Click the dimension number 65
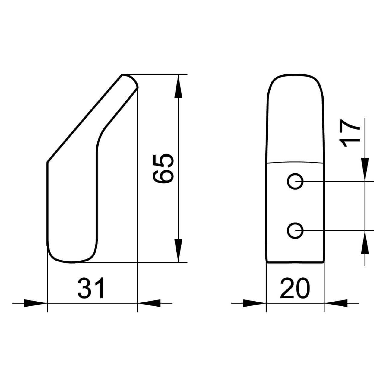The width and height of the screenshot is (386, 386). pyautogui.click(x=163, y=169)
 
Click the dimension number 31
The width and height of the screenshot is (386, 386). pyautogui.click(x=91, y=288)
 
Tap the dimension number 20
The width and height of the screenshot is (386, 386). pyautogui.click(x=295, y=288)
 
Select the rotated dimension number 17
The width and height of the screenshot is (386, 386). pyautogui.click(x=349, y=133)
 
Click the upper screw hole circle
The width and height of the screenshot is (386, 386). pyautogui.click(x=295, y=181)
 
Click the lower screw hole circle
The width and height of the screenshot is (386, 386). pyautogui.click(x=295, y=231)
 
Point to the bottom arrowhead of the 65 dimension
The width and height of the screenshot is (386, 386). pyautogui.click(x=178, y=250)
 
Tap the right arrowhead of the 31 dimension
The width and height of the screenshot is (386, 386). pyautogui.click(x=149, y=303)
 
